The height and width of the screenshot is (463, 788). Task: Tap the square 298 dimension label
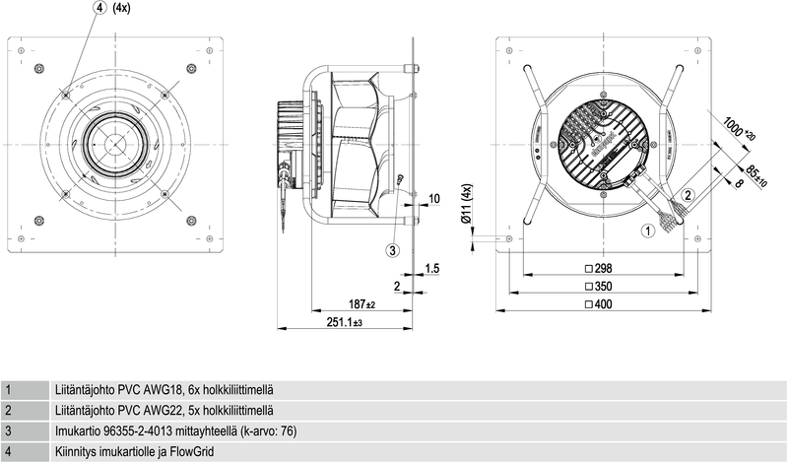coord(599,268)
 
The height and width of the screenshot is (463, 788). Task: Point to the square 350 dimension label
coord(599,287)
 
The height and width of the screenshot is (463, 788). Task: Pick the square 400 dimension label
coord(599,305)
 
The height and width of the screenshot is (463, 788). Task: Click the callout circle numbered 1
coord(647,231)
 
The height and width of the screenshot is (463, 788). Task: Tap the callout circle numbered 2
coord(689,194)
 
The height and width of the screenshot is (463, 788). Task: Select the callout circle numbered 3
coord(392,250)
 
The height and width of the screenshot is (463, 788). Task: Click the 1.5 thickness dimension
coord(431,268)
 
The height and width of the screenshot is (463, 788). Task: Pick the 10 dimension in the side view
coord(434,198)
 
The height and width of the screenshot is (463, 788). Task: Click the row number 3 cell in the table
coord(8,430)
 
